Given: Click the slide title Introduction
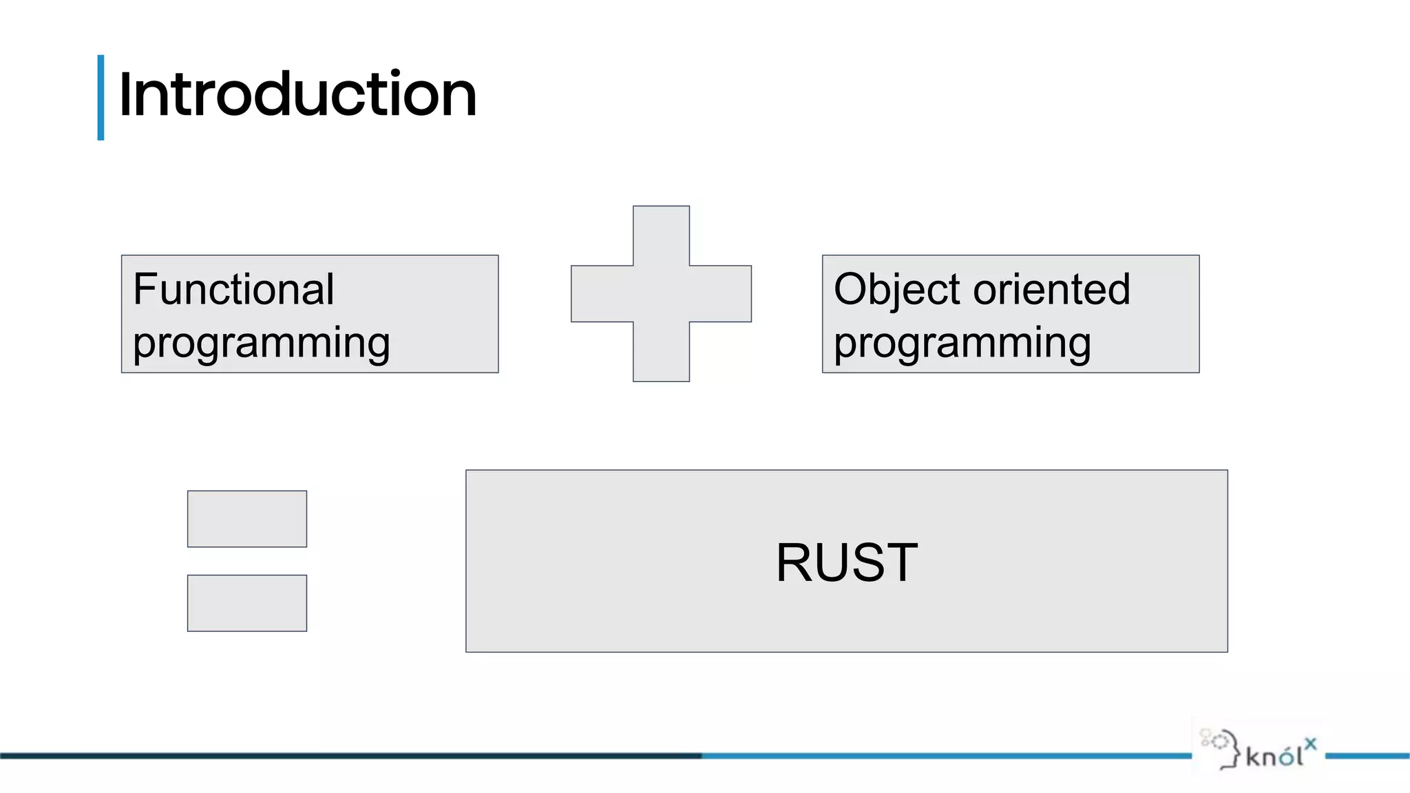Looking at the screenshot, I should pos(297,95).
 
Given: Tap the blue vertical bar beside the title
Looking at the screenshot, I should pos(101,98).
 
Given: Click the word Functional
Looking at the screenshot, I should pos(233,289).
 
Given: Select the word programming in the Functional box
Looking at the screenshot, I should pos(262,343).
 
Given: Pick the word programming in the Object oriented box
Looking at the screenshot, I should pos(962,343).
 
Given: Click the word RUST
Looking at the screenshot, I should pos(846,562).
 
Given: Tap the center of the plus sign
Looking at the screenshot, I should pos(661,294).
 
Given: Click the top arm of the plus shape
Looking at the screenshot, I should pos(661,235).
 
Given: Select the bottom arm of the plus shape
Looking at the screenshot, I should pos(661,352).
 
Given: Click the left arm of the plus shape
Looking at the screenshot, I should pos(601,294).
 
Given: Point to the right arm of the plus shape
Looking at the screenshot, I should pos(721,294).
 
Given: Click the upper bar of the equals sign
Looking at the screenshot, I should pos(247,519).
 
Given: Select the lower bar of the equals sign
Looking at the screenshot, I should pos(247,603).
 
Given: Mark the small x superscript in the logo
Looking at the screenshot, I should pos(1310,743).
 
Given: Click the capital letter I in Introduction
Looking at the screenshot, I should pos(124,95).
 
